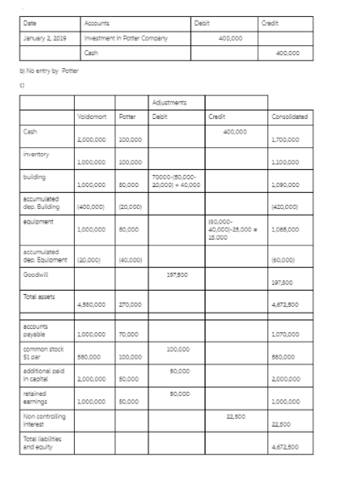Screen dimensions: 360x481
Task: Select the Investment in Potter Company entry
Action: (x=125, y=37)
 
